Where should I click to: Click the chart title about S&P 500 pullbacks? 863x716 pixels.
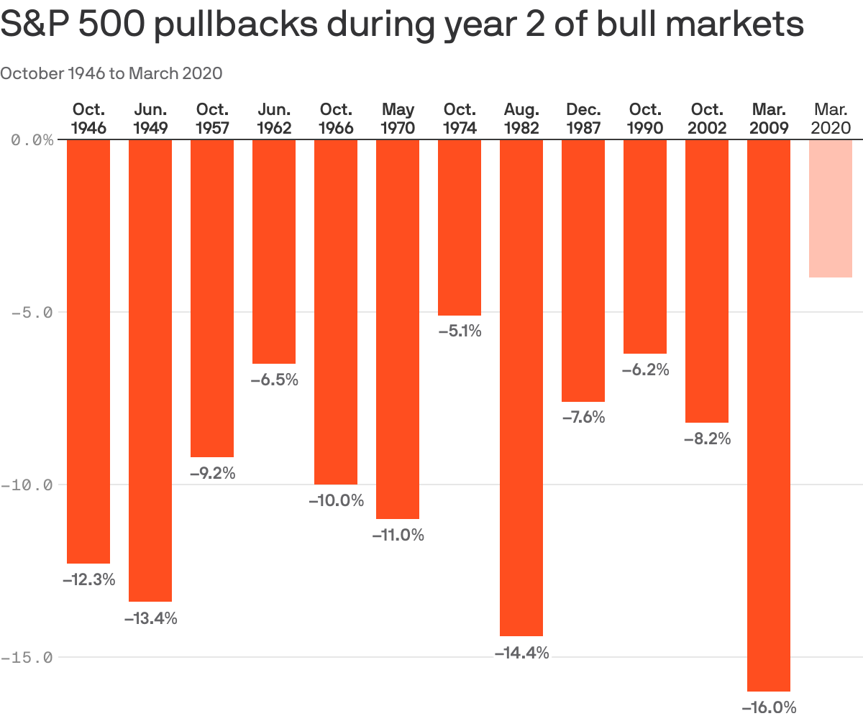(401, 25)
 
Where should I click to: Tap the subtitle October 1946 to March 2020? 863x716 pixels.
(111, 73)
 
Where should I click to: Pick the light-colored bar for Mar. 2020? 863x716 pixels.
(831, 208)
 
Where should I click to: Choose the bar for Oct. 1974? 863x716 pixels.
(460, 227)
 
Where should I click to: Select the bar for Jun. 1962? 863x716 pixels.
(274, 251)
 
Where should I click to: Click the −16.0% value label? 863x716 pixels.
(769, 707)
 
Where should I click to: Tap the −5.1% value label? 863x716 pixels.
(460, 331)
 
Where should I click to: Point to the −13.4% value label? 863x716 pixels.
(150, 618)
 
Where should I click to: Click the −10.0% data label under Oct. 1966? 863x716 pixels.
(336, 500)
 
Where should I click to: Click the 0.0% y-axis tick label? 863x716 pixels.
(32, 139)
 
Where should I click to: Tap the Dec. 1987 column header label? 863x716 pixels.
(583, 119)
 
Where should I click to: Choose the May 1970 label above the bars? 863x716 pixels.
(398, 119)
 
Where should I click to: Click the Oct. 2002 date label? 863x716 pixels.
(707, 119)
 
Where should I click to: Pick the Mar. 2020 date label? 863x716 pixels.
(831, 119)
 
